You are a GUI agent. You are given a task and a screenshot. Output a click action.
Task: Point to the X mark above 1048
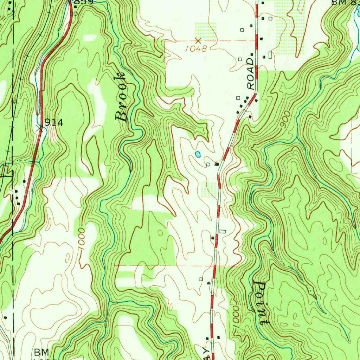(198, 41)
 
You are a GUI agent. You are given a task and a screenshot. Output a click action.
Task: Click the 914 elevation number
(54, 123)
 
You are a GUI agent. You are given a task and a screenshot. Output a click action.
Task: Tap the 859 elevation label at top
(84, 2)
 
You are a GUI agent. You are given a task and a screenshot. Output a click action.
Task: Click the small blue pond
(198, 154)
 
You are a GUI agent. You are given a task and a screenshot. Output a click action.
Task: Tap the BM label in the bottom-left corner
(42, 352)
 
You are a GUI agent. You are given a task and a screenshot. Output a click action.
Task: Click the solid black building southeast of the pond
(217, 164)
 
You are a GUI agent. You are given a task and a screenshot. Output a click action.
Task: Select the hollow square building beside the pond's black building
(208, 164)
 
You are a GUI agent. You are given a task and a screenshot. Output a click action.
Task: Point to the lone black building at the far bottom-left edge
(6, 317)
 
